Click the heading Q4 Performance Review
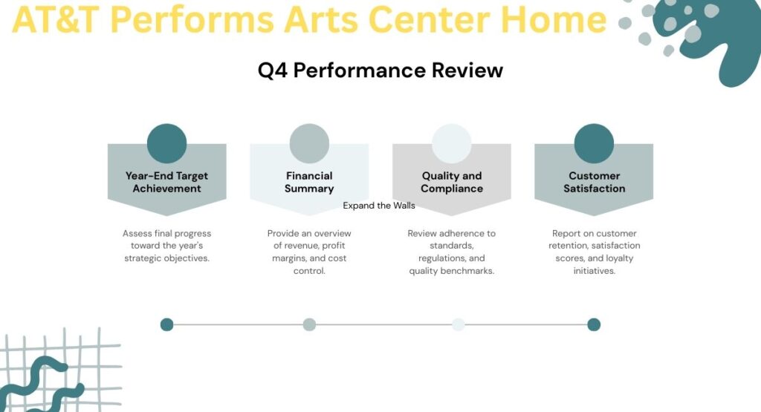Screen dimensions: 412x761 point(380,71)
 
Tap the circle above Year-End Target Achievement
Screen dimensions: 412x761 point(166,143)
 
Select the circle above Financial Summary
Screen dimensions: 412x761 point(309,143)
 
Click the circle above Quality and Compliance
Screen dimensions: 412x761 point(452,143)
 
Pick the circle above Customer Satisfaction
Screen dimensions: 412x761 point(594,143)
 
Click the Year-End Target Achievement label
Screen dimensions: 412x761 point(166,182)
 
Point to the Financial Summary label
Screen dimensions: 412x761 point(309,182)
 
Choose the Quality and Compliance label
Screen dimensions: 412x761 point(452,182)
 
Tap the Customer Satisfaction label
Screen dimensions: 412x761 point(594,182)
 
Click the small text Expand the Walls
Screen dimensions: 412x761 point(379,206)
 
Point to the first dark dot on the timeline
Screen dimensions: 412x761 point(166,324)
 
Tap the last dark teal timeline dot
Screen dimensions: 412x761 point(593,324)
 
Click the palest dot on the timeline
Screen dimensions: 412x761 point(458,324)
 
